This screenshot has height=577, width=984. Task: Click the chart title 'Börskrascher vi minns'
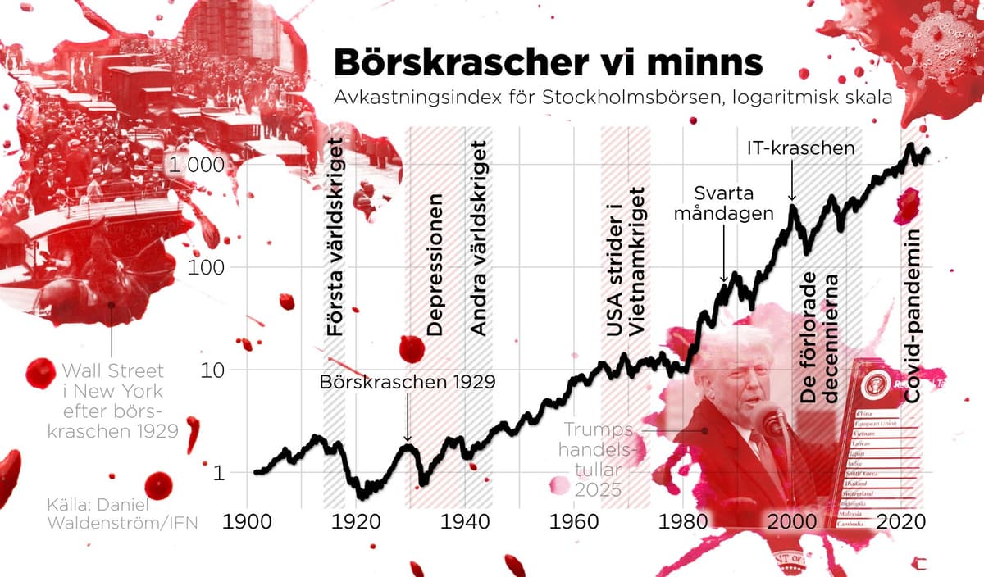click(547, 62)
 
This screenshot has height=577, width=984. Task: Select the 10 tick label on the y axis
click(215, 370)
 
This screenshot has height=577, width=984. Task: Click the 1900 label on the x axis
click(247, 521)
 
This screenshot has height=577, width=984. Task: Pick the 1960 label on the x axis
click(573, 521)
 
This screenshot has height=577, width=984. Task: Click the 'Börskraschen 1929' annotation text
click(408, 382)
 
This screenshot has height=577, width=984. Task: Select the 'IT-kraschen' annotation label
click(801, 148)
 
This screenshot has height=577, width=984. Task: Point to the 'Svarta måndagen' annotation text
click(734, 203)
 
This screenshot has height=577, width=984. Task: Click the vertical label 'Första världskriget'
click(335, 238)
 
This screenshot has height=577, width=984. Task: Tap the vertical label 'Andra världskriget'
click(479, 238)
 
